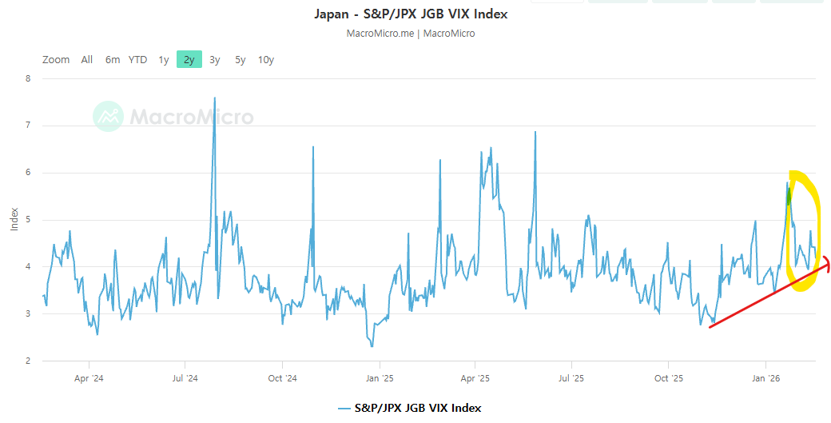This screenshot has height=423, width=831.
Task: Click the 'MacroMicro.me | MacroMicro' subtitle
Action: (x=411, y=34)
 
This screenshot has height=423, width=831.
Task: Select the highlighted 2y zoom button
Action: (x=189, y=59)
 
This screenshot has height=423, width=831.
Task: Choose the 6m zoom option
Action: (x=113, y=59)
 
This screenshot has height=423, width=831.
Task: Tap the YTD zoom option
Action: (x=138, y=59)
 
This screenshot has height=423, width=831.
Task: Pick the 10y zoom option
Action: (x=266, y=59)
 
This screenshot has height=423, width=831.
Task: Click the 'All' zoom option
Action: (x=87, y=59)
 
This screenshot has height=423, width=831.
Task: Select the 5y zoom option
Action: (x=241, y=59)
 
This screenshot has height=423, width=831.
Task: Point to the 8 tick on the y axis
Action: (x=28, y=78)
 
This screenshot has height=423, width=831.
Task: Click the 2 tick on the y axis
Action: (x=28, y=361)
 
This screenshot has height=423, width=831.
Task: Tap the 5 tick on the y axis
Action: (x=28, y=220)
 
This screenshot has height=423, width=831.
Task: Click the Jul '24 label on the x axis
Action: (x=185, y=378)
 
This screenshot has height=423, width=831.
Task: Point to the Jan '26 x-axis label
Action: (x=766, y=378)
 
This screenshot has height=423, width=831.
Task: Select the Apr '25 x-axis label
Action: (x=475, y=378)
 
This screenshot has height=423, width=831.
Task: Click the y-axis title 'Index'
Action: (x=14, y=220)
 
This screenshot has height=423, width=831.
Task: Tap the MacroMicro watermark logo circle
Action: (x=109, y=117)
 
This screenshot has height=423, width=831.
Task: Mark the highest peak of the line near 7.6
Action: (x=214, y=98)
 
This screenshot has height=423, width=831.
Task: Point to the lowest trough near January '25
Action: (x=372, y=345)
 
